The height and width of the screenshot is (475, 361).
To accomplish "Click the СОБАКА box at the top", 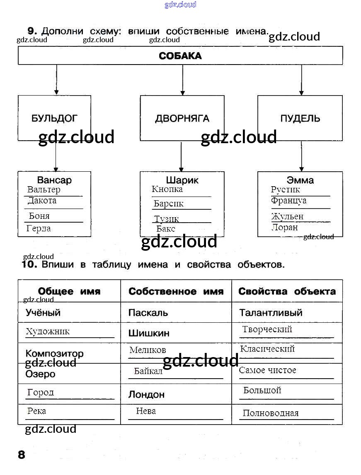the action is tap(180, 55).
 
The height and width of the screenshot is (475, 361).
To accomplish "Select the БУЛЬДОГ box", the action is tap(55, 118).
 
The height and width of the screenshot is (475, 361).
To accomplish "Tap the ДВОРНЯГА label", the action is tap(182, 118).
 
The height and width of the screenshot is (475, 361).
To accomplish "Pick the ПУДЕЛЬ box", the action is tap(300, 118).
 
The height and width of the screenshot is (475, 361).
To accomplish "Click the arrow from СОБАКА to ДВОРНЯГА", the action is tap(183, 80).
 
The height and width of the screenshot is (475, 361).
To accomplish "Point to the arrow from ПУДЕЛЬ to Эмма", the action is tap(301, 156).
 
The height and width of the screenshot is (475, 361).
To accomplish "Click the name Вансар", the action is tap(54, 180).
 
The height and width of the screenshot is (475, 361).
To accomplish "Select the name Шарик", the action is tap(182, 180).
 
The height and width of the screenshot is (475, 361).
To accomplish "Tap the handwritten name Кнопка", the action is tap(167, 190).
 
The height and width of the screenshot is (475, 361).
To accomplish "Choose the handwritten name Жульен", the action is tap(287, 216).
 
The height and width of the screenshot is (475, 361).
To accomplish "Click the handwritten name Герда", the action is tap(39, 228).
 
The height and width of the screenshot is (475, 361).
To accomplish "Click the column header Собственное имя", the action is tap(176, 291).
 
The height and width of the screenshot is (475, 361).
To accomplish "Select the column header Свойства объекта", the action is tap(287, 291).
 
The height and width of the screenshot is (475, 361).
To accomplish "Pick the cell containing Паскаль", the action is tap(176, 312).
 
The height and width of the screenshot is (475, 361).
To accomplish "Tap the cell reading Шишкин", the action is tap(176, 333).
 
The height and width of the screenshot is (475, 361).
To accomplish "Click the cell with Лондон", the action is tap(176, 394).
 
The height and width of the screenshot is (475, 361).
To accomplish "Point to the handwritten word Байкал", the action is tap(148, 371).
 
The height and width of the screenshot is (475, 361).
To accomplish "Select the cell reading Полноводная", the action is tap(287, 414).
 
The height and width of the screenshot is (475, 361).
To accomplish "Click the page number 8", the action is tap(22, 455).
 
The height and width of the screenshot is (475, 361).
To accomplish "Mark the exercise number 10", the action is tap(29, 264).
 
